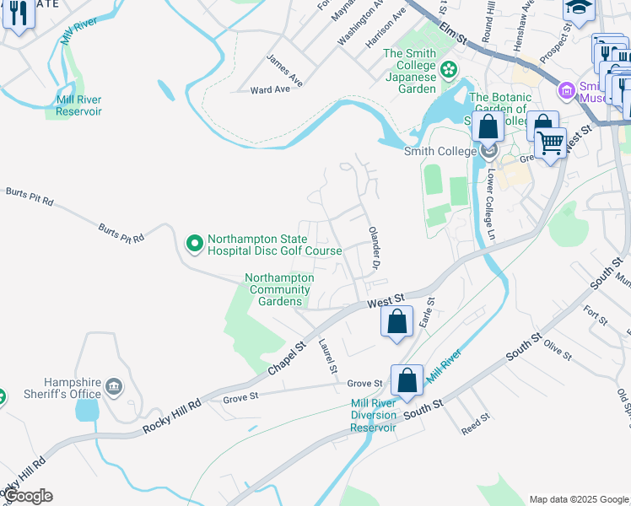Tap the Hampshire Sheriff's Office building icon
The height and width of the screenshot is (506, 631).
114,388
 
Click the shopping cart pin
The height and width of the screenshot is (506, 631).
550,143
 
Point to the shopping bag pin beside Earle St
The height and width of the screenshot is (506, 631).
397,321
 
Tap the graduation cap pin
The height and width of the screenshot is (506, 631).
578,9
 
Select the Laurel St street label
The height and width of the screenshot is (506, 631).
327,356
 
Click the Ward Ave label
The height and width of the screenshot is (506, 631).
271,89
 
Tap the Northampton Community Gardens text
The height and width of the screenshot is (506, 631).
279,289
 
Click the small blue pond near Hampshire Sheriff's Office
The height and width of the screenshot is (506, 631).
86,411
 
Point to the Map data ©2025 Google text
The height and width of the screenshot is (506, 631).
578,498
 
